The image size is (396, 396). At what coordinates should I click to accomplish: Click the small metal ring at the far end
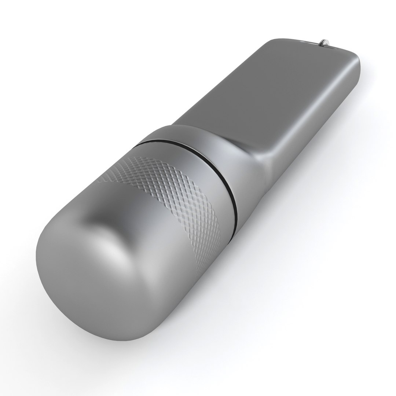click(324, 43)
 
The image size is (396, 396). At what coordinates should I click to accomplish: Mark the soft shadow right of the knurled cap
click(257, 257)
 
